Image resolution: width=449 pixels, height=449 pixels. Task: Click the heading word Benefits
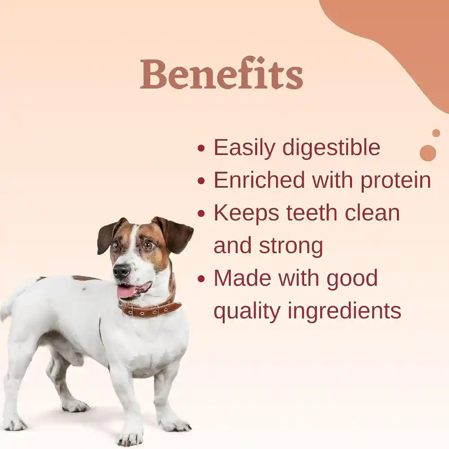(x=221, y=74)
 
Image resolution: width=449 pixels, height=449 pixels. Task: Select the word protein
(x=396, y=180)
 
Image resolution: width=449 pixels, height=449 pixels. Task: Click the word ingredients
(x=344, y=311)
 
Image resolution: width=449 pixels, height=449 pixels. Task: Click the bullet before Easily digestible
(x=202, y=148)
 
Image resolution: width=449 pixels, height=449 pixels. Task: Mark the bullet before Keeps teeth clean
(x=202, y=214)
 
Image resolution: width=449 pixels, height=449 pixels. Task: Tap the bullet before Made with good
(x=202, y=279)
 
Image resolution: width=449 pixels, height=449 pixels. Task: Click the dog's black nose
(x=121, y=271)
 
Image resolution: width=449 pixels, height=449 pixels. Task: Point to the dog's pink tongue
(x=127, y=292)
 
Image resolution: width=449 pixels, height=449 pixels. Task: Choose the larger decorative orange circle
(x=427, y=153)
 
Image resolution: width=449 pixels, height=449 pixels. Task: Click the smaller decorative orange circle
(x=436, y=133)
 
